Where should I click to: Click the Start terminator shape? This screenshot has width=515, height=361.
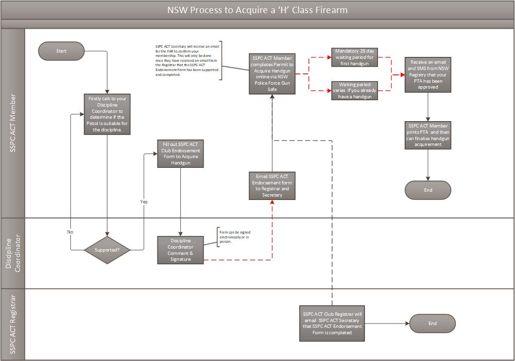61,51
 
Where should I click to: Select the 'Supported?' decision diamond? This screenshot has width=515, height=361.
107,250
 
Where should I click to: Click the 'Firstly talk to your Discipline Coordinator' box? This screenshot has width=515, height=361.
107,114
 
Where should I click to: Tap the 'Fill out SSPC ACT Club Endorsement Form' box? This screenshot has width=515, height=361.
180,153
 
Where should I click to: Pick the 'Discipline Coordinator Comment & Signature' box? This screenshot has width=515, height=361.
180,250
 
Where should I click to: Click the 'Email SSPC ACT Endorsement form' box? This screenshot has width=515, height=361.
272,185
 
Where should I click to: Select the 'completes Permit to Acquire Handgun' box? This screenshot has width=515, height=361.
272,73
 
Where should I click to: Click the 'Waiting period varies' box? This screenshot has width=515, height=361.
354,90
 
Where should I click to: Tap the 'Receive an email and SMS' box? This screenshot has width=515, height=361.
428,74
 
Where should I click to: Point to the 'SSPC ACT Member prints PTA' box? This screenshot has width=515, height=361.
428,135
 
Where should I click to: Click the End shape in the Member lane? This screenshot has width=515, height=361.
428,190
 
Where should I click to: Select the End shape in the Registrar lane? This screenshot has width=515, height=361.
432,324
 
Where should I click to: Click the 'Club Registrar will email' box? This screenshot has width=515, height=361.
332,323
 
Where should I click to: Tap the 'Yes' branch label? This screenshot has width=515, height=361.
144,201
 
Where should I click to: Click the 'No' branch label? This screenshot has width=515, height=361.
70,232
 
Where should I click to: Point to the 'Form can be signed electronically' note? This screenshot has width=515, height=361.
235,237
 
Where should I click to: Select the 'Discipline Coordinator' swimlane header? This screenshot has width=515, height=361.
13,253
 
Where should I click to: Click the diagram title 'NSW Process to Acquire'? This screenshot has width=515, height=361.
257,10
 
